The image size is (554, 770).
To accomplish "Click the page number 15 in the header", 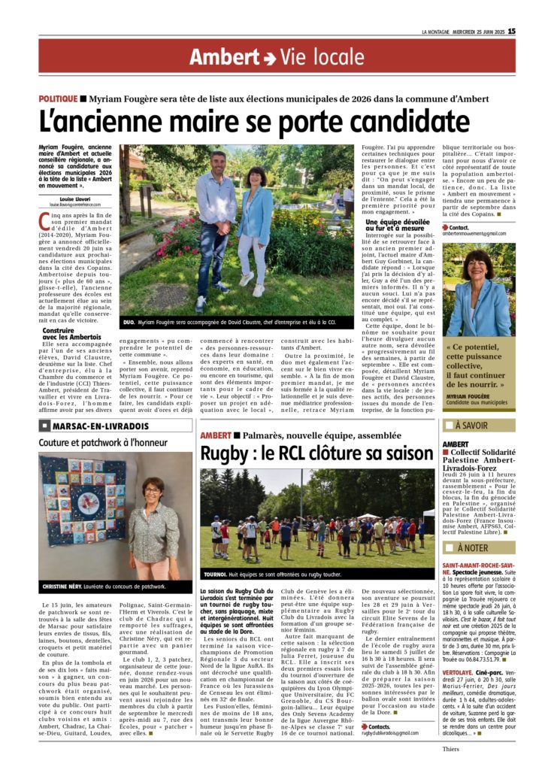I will pyautogui.click(x=511, y=31).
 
